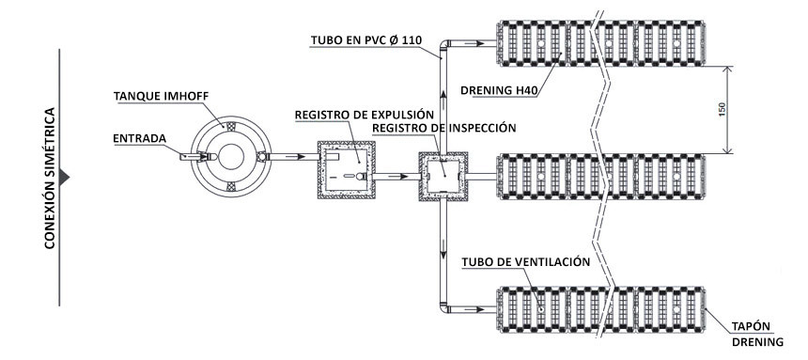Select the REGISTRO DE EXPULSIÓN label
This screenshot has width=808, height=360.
click(x=365, y=115)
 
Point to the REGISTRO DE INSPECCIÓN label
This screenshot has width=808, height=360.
click(x=443, y=128)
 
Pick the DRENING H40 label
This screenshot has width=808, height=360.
click(x=500, y=91)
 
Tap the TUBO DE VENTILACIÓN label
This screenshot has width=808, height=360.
click(x=525, y=261)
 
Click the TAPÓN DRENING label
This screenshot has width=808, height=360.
click(x=757, y=334)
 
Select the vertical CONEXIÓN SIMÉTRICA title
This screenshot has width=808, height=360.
click(x=50, y=179)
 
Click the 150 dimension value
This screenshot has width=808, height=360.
click(x=722, y=110)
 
